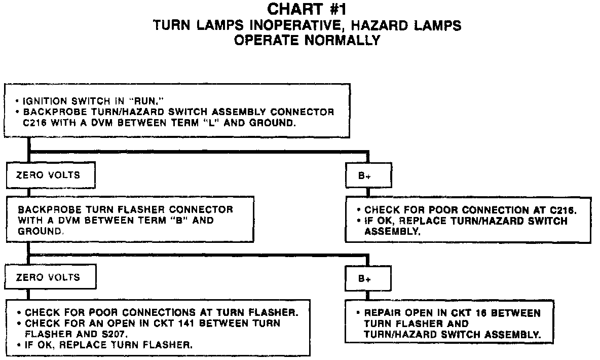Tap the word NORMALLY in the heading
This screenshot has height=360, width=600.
(344, 41)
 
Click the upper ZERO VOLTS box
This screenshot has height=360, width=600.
(49, 175)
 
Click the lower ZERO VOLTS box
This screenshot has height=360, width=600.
(49, 277)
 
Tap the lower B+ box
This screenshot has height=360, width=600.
(368, 278)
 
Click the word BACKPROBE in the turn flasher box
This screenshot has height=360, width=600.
(43, 209)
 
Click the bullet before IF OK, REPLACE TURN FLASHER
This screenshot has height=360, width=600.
(19, 345)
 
